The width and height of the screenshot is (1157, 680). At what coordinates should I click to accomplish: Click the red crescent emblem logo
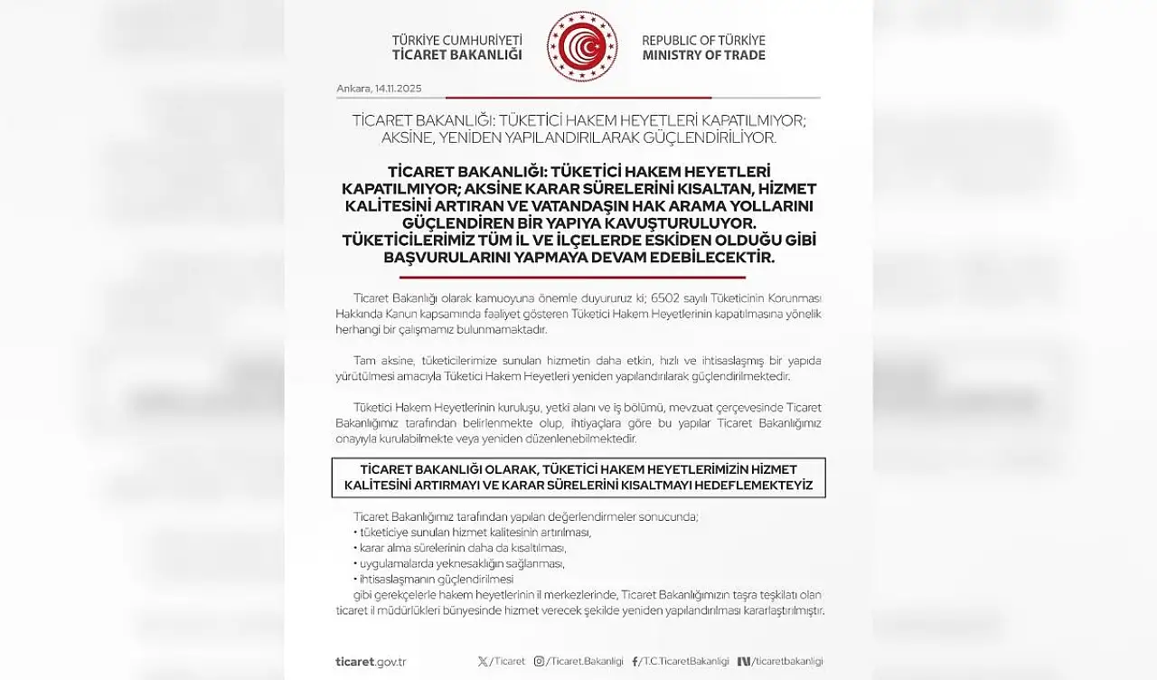(x=582, y=47)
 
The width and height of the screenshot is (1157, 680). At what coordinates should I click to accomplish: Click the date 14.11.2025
(x=398, y=89)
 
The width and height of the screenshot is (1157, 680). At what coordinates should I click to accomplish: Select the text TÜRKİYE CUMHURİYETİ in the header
(x=457, y=41)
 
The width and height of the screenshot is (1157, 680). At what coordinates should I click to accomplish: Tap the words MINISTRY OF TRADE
(x=703, y=55)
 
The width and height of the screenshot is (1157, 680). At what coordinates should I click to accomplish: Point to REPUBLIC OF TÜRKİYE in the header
(x=703, y=41)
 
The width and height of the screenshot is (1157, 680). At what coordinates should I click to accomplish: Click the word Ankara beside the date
(x=353, y=89)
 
